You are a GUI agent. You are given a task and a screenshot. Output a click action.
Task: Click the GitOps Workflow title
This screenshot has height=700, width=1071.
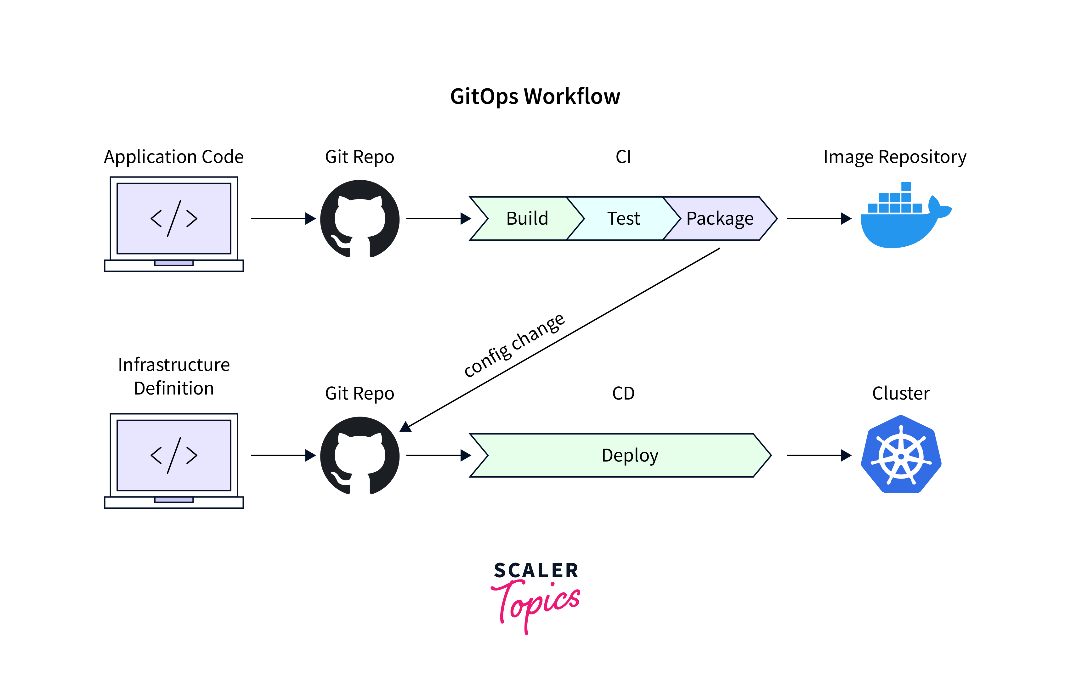click(535, 96)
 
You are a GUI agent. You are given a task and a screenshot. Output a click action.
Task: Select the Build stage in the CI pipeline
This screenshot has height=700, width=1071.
click(527, 219)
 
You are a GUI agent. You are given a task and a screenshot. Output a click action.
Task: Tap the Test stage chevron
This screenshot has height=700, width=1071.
click(623, 219)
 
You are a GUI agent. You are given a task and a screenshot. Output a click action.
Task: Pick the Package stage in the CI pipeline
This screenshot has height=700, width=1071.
click(720, 219)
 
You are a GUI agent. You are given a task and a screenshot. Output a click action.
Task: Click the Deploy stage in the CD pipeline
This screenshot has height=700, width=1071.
click(630, 456)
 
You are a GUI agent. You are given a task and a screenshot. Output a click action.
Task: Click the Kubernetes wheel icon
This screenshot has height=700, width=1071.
click(901, 455)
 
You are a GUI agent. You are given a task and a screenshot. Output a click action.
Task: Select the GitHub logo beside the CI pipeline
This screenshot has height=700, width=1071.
click(360, 219)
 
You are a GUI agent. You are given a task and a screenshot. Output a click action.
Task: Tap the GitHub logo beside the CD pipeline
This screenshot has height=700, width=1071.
click(360, 456)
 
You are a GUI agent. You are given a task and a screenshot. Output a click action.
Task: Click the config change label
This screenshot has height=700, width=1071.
click(514, 345)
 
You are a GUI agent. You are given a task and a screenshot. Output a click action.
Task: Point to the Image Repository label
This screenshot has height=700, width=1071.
click(895, 157)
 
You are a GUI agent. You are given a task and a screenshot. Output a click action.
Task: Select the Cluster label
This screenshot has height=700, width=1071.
click(900, 393)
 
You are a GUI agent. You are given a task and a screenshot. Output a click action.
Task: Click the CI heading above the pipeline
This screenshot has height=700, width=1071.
click(623, 157)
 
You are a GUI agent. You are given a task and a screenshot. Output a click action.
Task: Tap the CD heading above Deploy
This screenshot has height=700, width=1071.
click(623, 393)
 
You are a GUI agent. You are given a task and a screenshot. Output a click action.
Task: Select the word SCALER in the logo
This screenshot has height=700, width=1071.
click(535, 570)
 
